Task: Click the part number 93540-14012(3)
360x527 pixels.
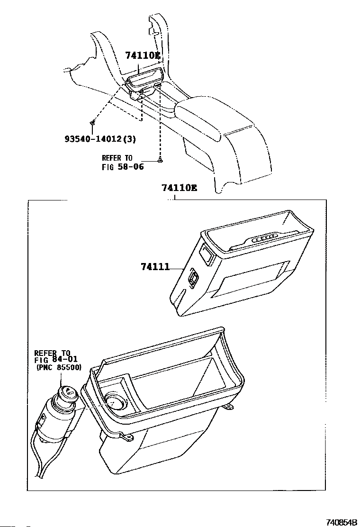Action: tap(100, 139)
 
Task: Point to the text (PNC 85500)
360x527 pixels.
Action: tap(59, 367)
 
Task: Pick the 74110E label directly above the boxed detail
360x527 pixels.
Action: tap(179, 188)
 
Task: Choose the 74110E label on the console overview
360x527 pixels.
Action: tap(142, 56)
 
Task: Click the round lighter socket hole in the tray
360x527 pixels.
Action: tap(115, 401)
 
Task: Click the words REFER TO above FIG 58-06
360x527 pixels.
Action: tap(117, 158)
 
